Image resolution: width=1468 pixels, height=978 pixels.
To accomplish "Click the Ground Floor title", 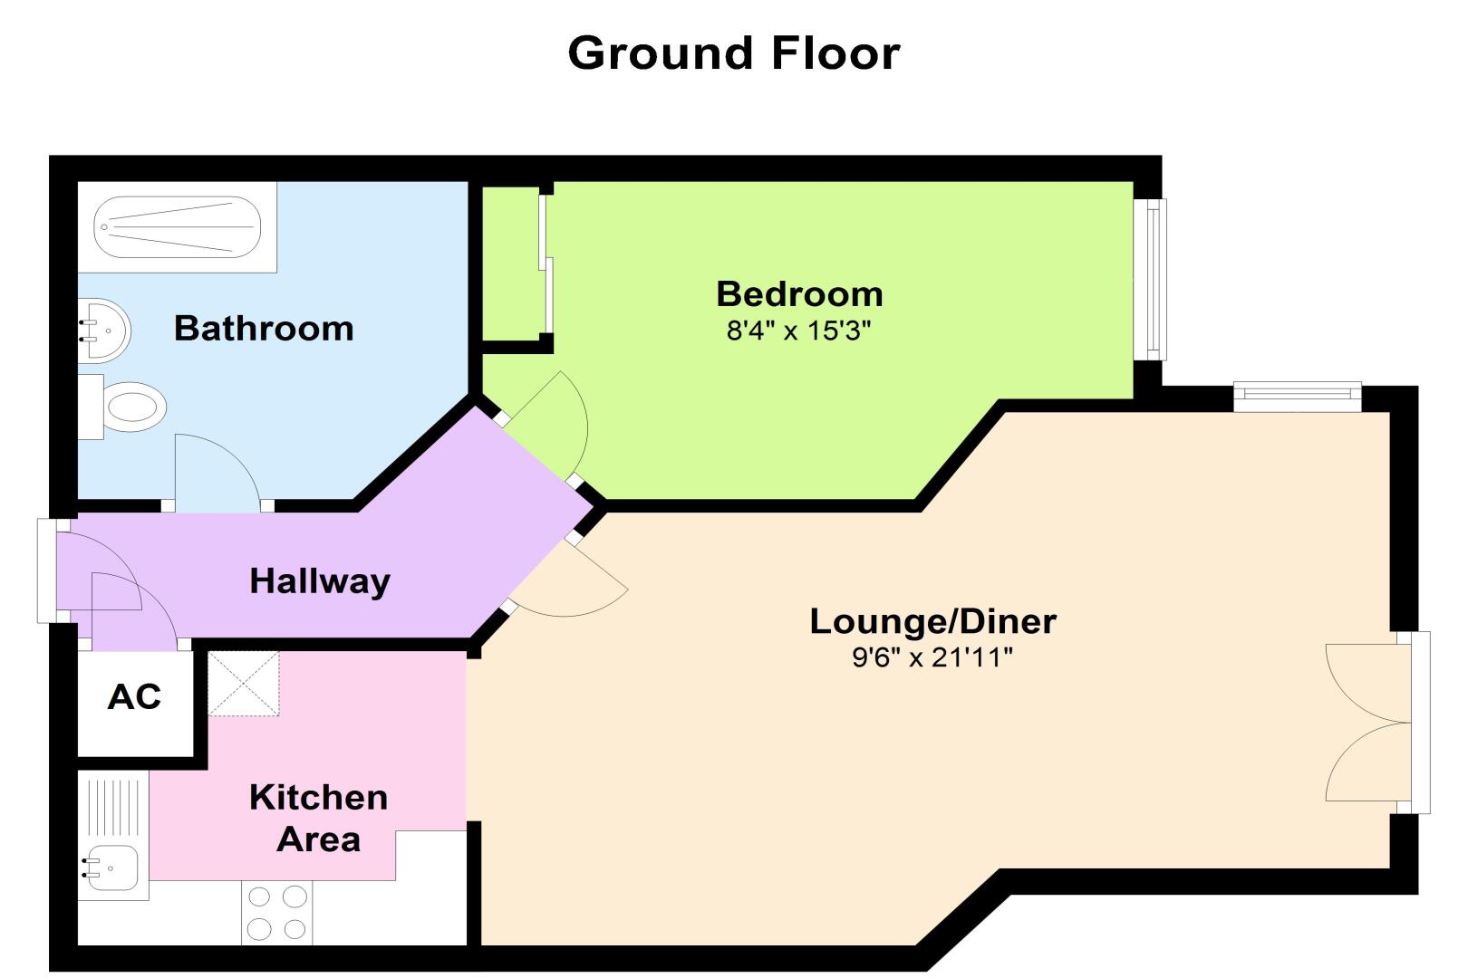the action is pyautogui.click(x=734, y=53).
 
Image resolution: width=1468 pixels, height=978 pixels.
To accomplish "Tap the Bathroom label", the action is pyautogui.click(x=264, y=328).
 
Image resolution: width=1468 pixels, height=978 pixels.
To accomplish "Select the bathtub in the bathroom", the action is pyautogui.click(x=177, y=227).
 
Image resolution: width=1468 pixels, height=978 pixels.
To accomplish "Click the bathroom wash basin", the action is pyautogui.click(x=104, y=331).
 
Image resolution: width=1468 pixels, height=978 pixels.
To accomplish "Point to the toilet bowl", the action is pyautogui.click(x=134, y=407).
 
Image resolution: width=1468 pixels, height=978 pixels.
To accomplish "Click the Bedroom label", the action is pyautogui.click(x=799, y=294).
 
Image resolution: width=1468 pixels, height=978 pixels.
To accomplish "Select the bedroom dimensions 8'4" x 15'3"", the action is pyautogui.click(x=799, y=331).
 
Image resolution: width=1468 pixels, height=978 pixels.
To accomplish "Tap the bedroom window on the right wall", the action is pyautogui.click(x=1150, y=279).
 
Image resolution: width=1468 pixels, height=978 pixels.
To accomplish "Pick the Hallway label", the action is pyautogui.click(x=320, y=581).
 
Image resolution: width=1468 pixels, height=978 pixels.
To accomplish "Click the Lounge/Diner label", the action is pyautogui.click(x=933, y=621).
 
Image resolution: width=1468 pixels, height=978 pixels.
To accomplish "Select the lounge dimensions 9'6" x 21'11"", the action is pyautogui.click(x=932, y=657).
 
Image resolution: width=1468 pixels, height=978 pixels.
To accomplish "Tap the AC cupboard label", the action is pyautogui.click(x=134, y=696).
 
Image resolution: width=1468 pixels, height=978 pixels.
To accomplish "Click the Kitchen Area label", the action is pyautogui.click(x=318, y=818).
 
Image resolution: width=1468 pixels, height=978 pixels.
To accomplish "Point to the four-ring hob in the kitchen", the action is pyautogui.click(x=277, y=913).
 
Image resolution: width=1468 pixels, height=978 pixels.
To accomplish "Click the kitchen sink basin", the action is pyautogui.click(x=112, y=868).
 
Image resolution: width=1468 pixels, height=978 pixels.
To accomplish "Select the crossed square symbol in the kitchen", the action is pyautogui.click(x=244, y=683).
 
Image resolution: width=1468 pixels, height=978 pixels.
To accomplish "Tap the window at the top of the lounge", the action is pyautogui.click(x=1298, y=397).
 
